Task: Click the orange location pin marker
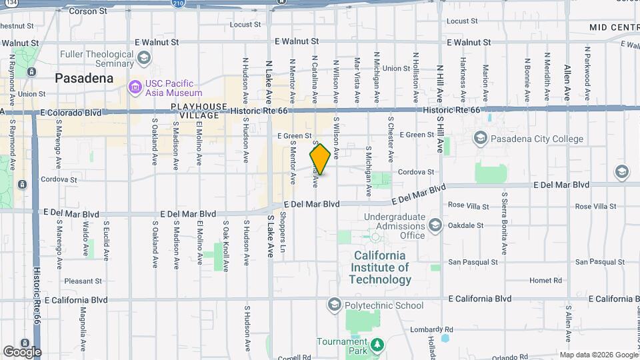pyautogui.click(x=320, y=159)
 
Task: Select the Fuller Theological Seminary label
pyautogui.click(x=96, y=59)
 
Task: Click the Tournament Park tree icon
pyautogui.click(x=378, y=345)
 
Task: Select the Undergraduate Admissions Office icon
pyautogui.click(x=435, y=225)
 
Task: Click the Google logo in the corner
pyautogui.click(x=22, y=351)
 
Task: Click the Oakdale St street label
pyautogui.click(x=465, y=225)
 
